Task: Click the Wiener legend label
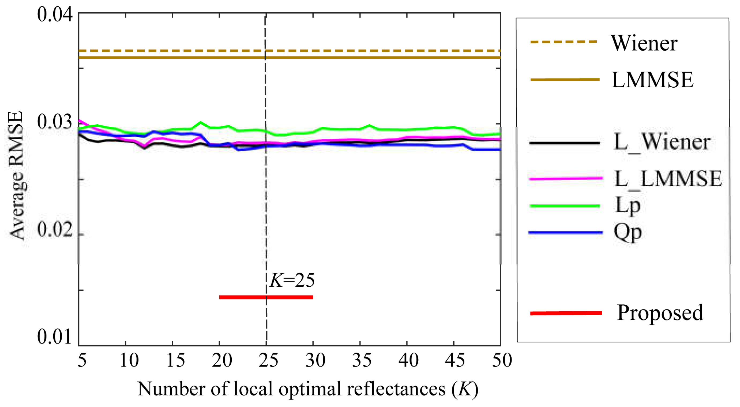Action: [644, 43]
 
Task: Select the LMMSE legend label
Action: [652, 80]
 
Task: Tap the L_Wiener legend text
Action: [662, 142]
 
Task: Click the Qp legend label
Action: [628, 232]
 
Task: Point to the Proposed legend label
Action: [660, 313]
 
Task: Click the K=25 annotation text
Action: [292, 280]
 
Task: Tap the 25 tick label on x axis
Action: [268, 360]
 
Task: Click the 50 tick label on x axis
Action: [502, 360]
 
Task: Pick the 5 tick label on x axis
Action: [82, 360]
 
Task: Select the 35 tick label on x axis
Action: [362, 360]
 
